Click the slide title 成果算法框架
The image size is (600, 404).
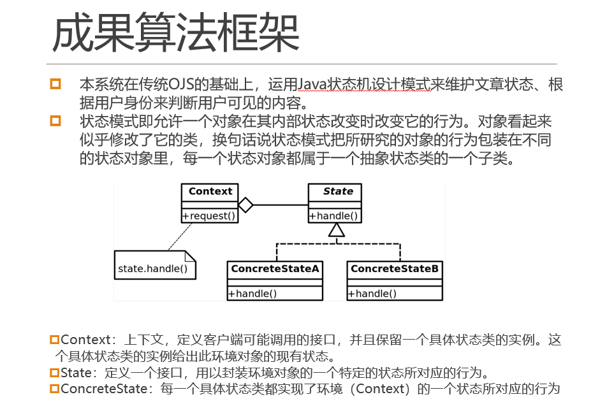pos(175,32)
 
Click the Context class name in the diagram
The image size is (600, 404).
pos(210,191)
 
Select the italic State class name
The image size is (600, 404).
pos(338,191)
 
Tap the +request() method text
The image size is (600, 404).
pos(209,216)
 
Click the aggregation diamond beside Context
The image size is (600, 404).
pos(245,205)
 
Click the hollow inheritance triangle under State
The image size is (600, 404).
pos(337,230)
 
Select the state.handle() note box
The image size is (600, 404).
pos(155,264)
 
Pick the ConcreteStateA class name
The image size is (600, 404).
pos(275,268)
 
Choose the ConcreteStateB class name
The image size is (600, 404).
pos(395,268)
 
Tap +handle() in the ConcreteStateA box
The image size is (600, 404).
pos(252,294)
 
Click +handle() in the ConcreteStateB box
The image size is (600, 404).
pos(372,294)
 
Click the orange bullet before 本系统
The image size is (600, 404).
pos(55,83)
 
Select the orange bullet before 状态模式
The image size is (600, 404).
pos(55,121)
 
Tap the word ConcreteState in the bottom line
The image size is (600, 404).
pos(104,389)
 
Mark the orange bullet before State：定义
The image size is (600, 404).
pos(55,373)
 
